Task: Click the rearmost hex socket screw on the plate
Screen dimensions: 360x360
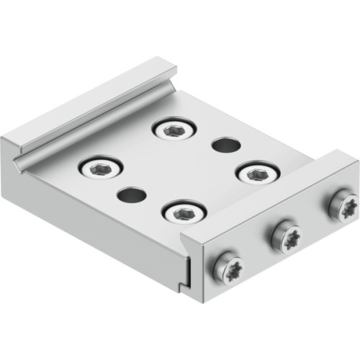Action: pos(174,130)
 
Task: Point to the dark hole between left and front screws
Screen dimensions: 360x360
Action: pos(130,194)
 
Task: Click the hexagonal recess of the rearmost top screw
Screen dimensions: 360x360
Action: pos(174,130)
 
